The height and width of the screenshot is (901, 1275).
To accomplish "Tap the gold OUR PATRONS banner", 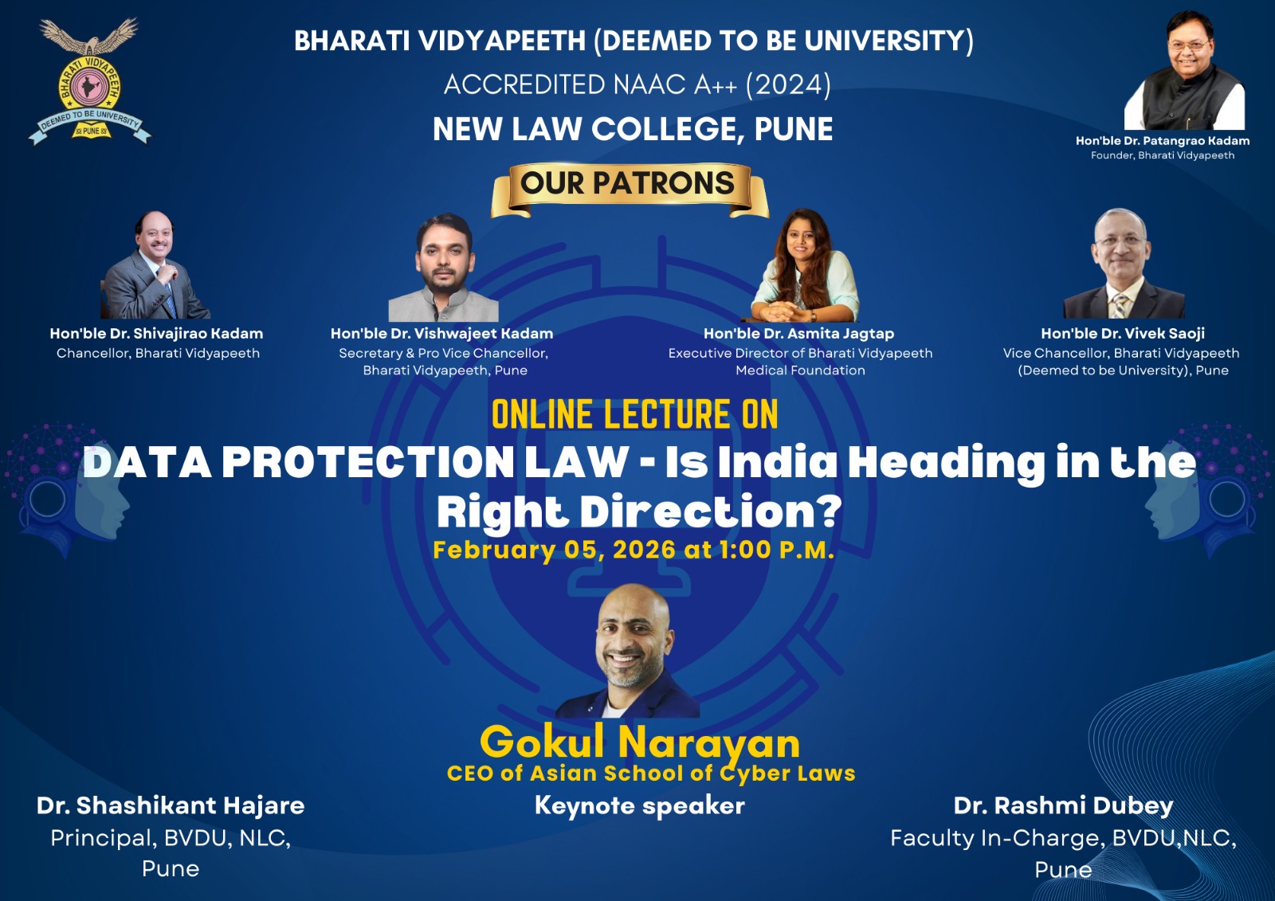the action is click(x=630, y=190).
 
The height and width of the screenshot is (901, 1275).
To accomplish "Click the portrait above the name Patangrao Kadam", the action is click(x=1184, y=70).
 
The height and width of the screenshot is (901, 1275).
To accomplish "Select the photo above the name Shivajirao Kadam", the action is click(x=155, y=264).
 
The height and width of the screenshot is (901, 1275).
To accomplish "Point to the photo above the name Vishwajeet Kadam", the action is click(x=443, y=268).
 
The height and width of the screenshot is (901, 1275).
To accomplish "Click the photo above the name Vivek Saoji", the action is click(x=1124, y=263).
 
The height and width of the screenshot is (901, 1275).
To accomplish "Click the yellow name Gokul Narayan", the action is click(x=640, y=742).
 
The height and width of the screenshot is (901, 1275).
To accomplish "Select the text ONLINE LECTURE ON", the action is click(x=634, y=414).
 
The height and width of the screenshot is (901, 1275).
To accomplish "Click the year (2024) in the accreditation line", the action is click(x=788, y=84).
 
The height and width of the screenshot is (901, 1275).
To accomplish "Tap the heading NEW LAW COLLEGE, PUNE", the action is click(x=633, y=128).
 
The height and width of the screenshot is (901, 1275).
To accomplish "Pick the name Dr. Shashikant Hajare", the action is click(x=171, y=805).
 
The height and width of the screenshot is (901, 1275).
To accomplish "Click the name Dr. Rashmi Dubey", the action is click(x=1063, y=805).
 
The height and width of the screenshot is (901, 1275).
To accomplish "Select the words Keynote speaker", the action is click(x=640, y=806).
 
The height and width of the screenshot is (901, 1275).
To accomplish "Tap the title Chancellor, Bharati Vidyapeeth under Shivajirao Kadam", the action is click(x=159, y=353).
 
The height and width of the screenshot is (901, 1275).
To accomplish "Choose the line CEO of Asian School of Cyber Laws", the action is click(x=651, y=774).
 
